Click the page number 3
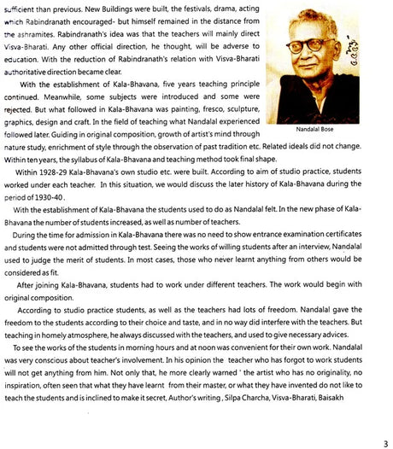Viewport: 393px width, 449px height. (x=386, y=441)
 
